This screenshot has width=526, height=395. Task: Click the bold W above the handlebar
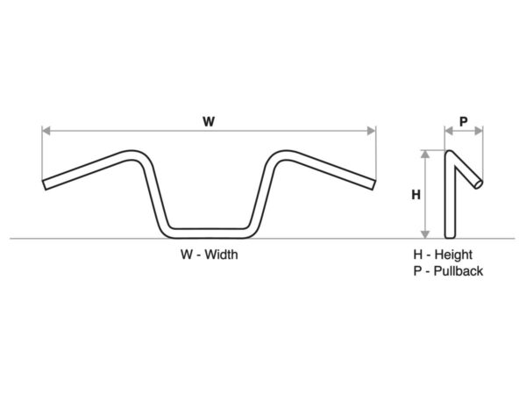(209, 122)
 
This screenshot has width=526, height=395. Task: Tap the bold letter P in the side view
(463, 122)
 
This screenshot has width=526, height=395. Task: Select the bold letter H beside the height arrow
(416, 196)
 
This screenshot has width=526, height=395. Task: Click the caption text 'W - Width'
(209, 255)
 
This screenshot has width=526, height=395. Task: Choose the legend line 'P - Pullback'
(448, 271)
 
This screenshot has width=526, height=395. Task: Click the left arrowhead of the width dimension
(46, 131)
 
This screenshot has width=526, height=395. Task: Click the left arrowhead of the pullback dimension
(448, 131)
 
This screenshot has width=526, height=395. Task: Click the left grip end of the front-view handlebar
(46, 183)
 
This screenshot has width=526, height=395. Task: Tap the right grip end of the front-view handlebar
(373, 183)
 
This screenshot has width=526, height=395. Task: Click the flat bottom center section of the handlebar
(209, 233)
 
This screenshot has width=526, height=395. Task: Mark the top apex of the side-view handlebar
(451, 154)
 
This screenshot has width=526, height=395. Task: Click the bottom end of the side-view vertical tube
(451, 234)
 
